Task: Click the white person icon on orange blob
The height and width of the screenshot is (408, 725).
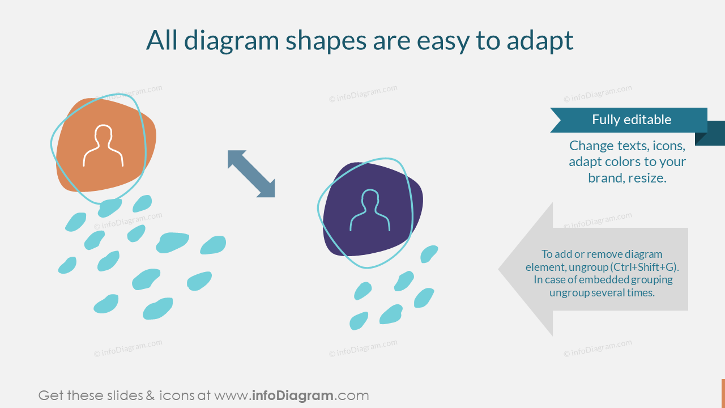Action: (103, 146)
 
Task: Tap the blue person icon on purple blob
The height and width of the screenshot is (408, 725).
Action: (370, 211)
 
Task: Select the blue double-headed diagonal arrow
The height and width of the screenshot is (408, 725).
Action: (251, 174)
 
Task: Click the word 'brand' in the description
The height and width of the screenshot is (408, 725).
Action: (605, 178)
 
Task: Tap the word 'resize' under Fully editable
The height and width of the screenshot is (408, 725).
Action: (649, 178)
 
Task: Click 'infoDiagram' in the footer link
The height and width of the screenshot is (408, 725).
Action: (292, 396)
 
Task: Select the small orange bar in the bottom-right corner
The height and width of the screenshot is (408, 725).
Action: (723, 393)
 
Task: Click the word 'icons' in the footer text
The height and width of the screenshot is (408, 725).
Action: (176, 396)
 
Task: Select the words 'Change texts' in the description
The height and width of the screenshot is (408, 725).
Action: (602, 146)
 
